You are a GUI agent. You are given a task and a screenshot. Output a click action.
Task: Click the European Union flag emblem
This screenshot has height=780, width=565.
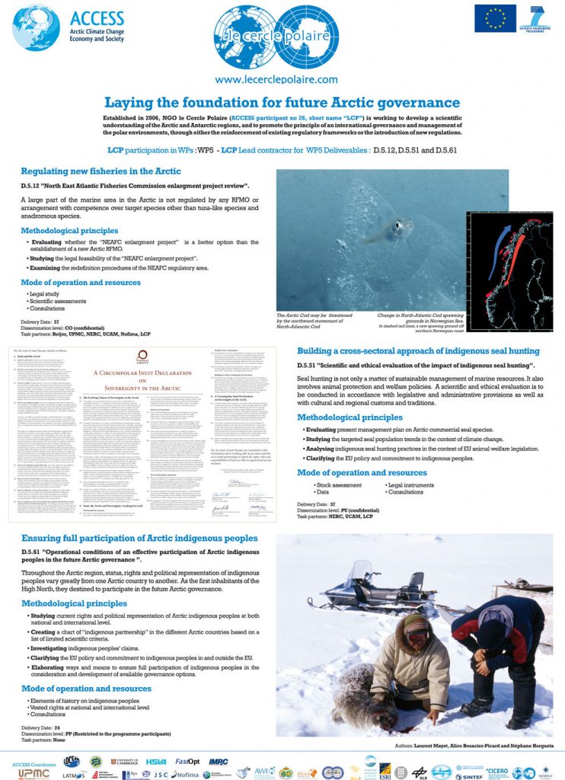tap(495, 18)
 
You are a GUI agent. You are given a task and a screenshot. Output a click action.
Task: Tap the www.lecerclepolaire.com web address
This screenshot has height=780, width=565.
tap(276, 79)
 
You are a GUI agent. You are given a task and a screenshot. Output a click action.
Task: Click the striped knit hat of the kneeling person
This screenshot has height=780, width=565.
tap(416, 625)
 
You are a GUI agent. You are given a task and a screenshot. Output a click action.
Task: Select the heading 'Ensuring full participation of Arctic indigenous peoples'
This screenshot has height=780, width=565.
tap(139, 539)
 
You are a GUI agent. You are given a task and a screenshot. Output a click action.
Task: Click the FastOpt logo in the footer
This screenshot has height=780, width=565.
tap(187, 760)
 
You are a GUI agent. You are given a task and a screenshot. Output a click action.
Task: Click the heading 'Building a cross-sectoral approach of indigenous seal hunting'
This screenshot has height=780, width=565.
tap(418, 351)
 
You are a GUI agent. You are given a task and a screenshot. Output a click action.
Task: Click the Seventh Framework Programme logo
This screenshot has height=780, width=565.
tap(537, 18)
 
